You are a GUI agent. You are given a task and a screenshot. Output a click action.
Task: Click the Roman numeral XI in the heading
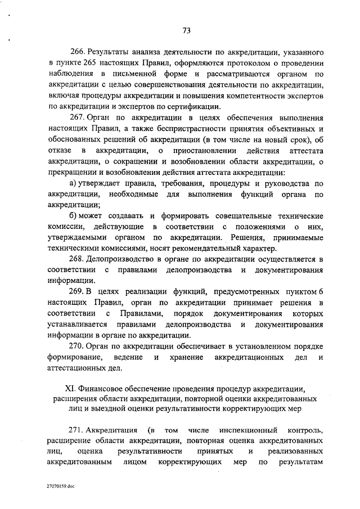click(71, 388)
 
